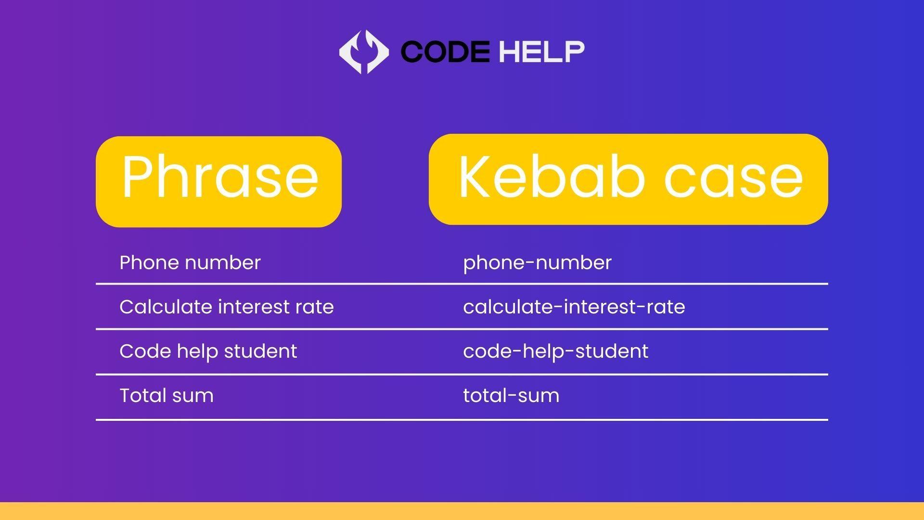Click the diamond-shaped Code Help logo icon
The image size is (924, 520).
[364, 52]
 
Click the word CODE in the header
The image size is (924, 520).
[445, 52]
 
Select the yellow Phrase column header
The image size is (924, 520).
[219, 182]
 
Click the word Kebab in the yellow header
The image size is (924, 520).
[552, 177]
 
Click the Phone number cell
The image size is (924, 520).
[190, 262]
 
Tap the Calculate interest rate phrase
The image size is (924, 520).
[227, 307]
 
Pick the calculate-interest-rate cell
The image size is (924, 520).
[574, 307]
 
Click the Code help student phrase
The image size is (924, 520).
[208, 351]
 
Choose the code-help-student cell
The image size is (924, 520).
[556, 351]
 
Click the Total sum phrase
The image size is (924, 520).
[167, 396]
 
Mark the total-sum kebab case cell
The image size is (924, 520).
[511, 396]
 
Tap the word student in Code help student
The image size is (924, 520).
[260, 351]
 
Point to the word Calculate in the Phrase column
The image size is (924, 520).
[166, 307]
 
